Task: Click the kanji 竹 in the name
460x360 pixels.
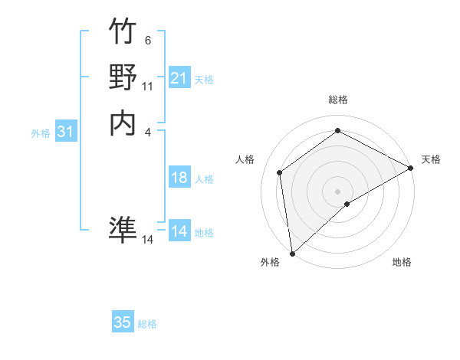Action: [x=123, y=32]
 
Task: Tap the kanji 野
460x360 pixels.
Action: [x=123, y=77]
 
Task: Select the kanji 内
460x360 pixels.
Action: [x=123, y=123]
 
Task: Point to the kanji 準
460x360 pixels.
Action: [x=123, y=229]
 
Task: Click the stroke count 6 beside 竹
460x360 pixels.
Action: [x=147, y=41]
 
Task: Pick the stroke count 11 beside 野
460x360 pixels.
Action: [x=147, y=87]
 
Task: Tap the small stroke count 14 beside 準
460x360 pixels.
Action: [x=148, y=240]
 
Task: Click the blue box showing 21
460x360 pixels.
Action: [x=179, y=78]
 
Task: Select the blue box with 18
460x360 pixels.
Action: [x=179, y=178]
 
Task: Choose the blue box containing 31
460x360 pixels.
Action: [x=66, y=133]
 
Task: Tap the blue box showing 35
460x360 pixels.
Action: [x=123, y=322]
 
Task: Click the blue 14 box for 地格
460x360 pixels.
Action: [x=179, y=231]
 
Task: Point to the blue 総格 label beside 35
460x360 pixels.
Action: [x=147, y=324]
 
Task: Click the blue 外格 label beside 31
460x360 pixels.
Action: [x=41, y=133]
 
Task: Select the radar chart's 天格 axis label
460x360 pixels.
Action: [x=431, y=159]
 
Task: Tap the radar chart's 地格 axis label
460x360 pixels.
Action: [x=402, y=262]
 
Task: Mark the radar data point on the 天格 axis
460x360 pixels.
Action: [x=411, y=168]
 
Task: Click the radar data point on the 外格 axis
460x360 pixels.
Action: [x=292, y=254]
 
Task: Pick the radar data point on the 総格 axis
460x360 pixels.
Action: [x=337, y=130]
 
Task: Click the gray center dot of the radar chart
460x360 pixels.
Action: [x=337, y=191]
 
